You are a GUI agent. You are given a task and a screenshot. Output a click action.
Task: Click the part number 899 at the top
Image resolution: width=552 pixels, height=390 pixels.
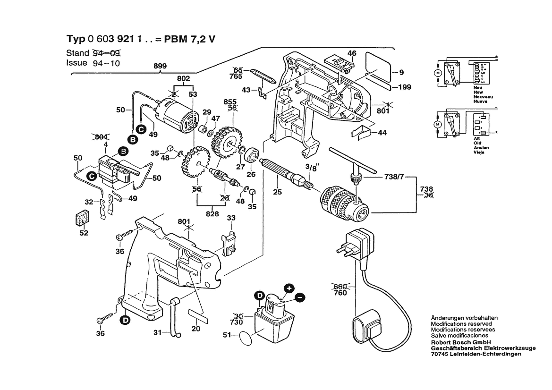click(x=160, y=67)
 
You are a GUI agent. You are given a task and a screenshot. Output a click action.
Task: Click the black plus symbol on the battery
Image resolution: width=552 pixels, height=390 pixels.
click(x=289, y=288)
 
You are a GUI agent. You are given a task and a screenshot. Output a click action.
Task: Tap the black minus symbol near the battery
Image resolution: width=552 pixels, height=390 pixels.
click(x=300, y=297)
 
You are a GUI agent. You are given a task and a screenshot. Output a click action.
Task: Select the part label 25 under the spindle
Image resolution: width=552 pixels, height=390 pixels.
click(x=277, y=192)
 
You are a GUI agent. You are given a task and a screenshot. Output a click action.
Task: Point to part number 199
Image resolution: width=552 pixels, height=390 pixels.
click(x=404, y=87)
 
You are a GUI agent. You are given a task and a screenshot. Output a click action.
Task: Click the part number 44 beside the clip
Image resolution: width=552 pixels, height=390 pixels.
click(x=382, y=133)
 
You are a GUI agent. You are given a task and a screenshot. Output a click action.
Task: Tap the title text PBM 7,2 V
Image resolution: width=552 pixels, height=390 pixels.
click(x=189, y=39)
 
